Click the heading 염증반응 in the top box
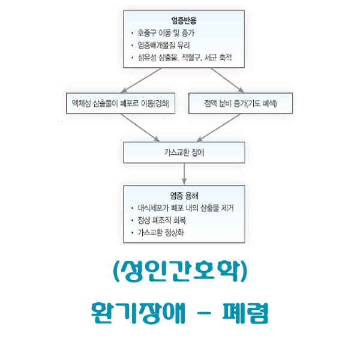tap(184, 20)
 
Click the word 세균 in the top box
tap(211, 58)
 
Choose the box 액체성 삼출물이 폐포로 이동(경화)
tap(121, 103)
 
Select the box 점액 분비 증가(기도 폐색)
tap(241, 103)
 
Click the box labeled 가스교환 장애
tap(184, 152)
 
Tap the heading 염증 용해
tap(184, 196)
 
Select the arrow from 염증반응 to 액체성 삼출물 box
tap(142, 80)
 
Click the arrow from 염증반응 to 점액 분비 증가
tap(227, 80)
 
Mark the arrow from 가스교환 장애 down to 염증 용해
tap(184, 174)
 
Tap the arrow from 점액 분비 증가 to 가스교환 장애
tap(218, 128)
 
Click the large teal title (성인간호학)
tap(180, 272)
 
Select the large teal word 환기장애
tap(138, 313)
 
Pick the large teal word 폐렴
tap(245, 313)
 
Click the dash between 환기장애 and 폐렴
tap(204, 313)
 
